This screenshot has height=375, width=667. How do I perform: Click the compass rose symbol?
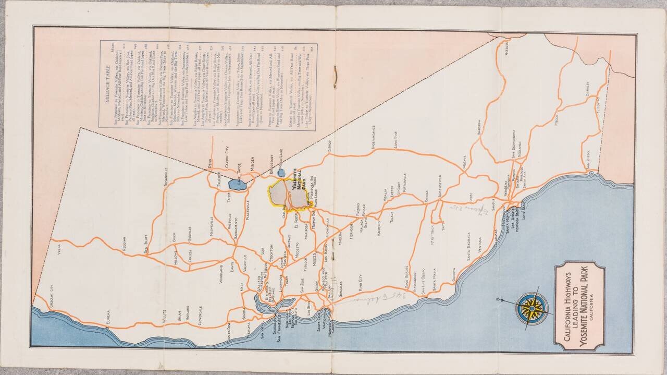click(532, 308)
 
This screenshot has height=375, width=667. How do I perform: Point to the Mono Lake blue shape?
click(281, 172)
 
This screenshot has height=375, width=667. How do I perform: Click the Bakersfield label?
click(440, 188)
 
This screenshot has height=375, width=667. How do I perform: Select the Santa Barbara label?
click(468, 250)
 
